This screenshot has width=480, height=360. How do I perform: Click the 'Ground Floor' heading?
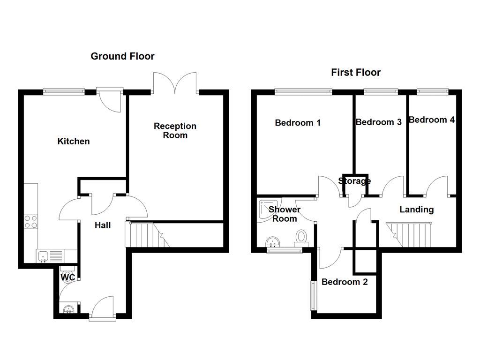122,56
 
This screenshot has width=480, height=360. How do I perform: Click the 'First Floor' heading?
356,72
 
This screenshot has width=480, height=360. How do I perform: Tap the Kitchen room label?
74,141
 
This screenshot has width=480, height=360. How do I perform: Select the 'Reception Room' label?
175,131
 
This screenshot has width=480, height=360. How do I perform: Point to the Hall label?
103,225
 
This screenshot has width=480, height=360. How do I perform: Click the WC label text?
68,277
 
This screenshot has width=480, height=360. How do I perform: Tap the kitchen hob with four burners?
31,221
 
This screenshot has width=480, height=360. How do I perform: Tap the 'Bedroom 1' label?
298,123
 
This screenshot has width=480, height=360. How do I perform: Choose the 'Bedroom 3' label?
378,122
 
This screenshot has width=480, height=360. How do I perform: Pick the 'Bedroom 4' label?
431,120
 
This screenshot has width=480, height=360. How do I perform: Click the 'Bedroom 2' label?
345,282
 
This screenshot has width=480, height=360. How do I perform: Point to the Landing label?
416,210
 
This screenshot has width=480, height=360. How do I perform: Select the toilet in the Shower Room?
301,237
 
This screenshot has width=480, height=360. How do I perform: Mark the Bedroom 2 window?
312,295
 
